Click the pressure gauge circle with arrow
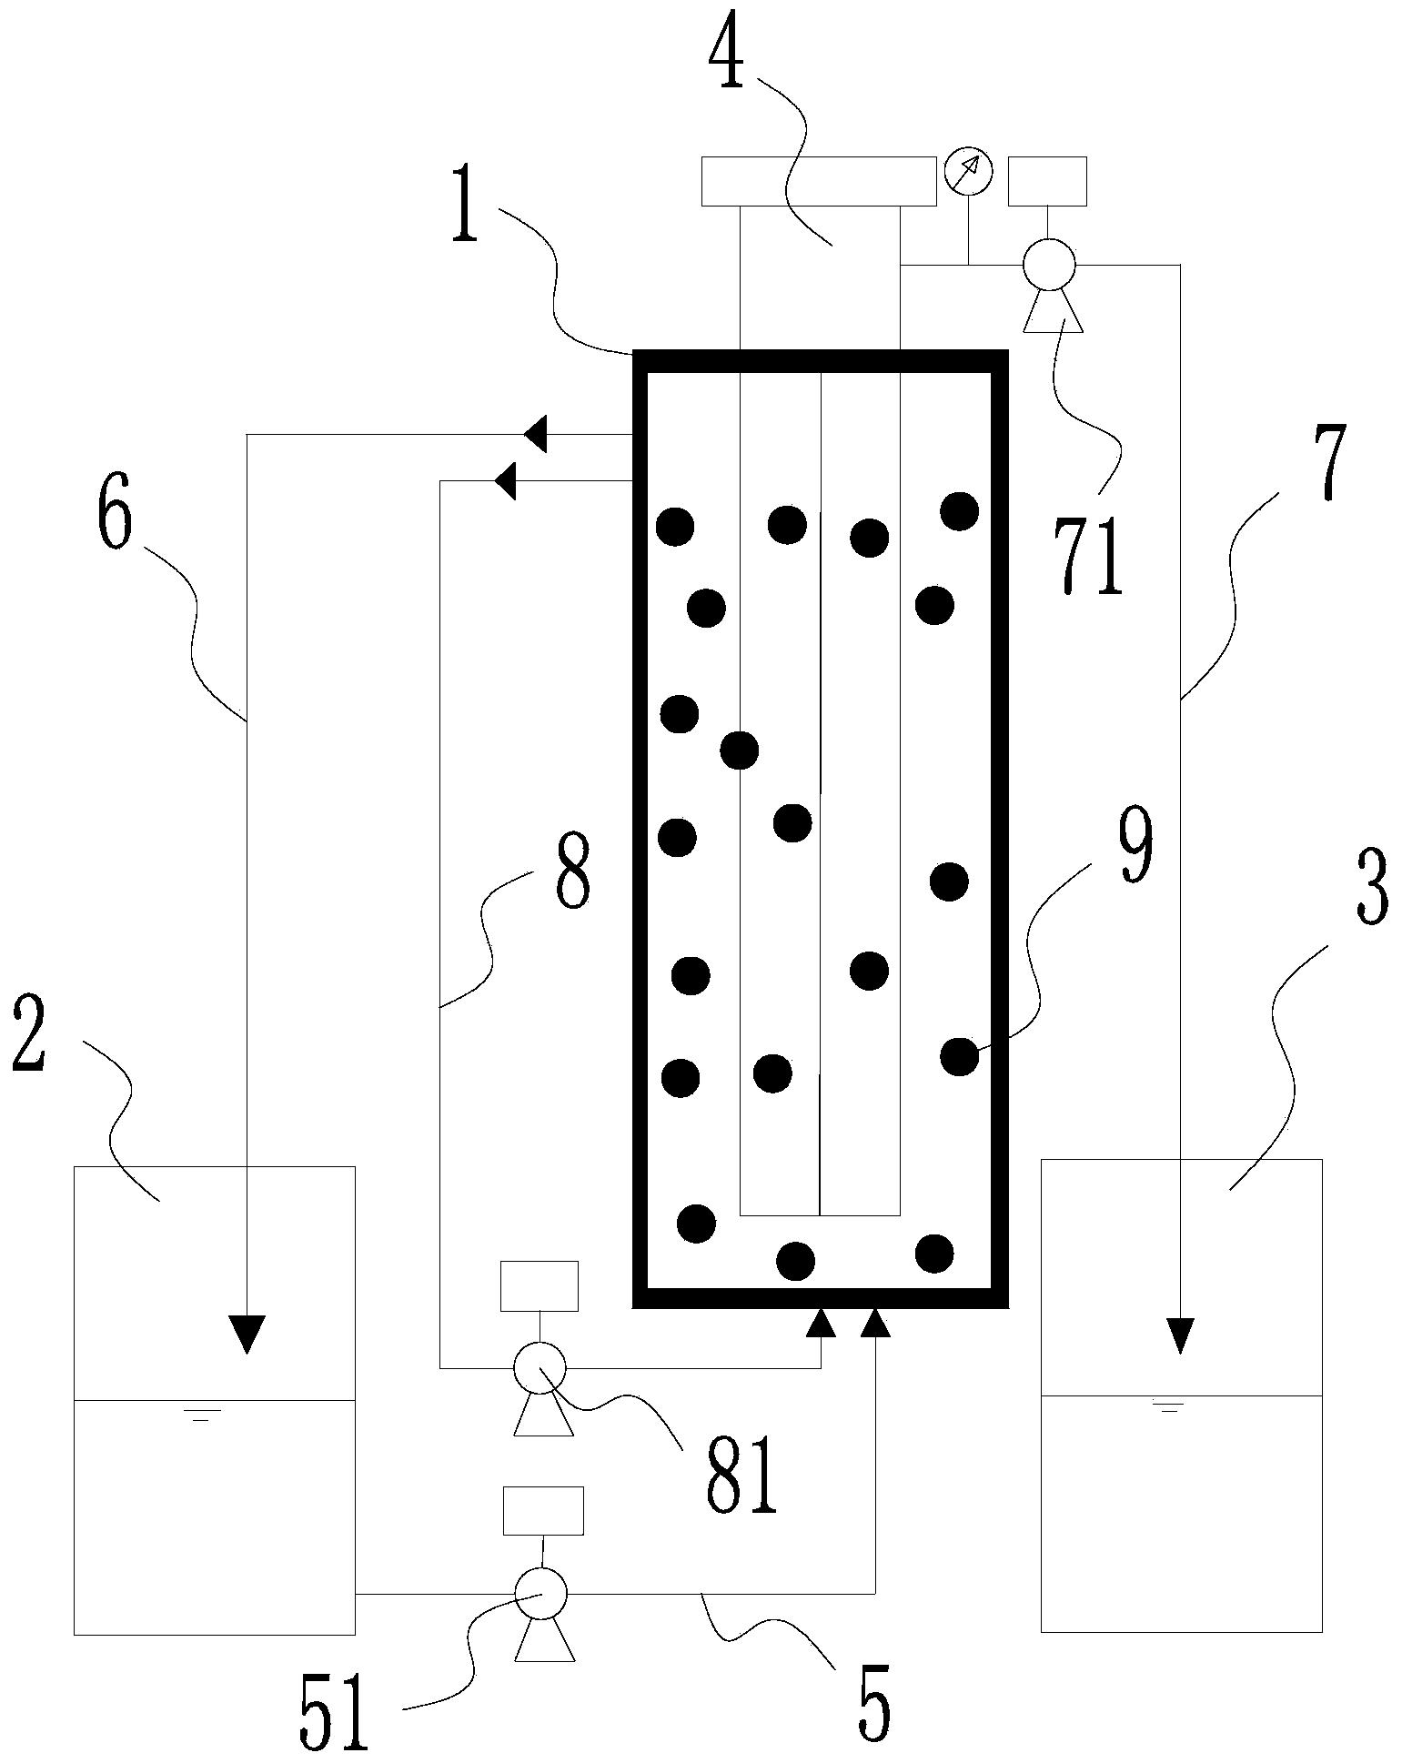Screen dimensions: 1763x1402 pyautogui.click(x=968, y=171)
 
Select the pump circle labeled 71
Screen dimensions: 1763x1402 pyautogui.click(x=1049, y=265)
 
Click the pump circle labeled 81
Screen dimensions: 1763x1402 pyautogui.click(x=540, y=1366)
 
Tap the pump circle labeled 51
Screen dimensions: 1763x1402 pyautogui.click(x=540, y=1593)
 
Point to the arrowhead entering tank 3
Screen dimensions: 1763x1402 pyautogui.click(x=1180, y=1335)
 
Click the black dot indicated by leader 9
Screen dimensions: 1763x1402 pyautogui.click(x=959, y=1056)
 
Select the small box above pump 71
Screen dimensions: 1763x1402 pyautogui.click(x=1047, y=181)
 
